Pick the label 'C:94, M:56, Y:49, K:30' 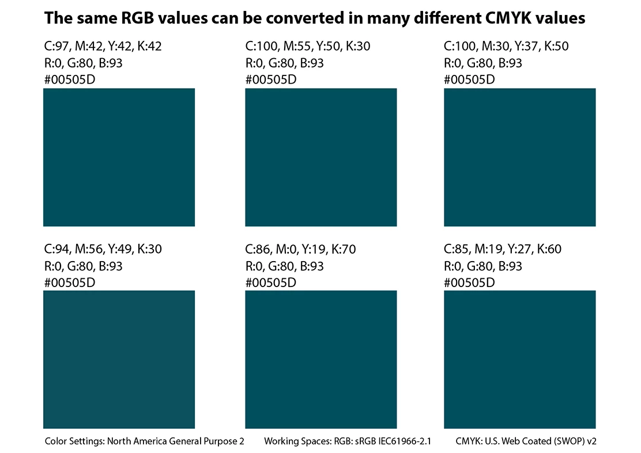tap(103, 250)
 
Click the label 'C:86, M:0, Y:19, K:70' tap(300, 250)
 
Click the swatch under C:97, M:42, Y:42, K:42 tap(119, 157)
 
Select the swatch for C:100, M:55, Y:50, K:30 tap(321, 157)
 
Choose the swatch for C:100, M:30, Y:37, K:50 tap(519, 157)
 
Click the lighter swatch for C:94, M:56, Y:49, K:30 tap(119, 359)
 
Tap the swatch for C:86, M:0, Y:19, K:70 tap(321, 359)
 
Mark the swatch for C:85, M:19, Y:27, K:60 tap(519, 359)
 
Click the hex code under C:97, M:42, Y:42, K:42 tap(70, 80)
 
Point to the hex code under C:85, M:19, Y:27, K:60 tap(469, 283)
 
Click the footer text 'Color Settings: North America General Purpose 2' tap(145, 441)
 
